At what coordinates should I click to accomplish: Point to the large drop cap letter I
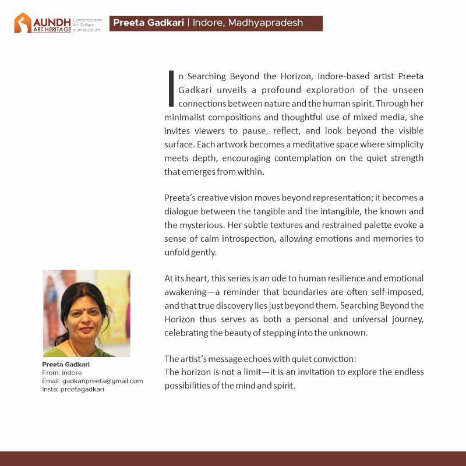pos(171,89)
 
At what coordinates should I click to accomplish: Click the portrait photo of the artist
pos(87,313)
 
